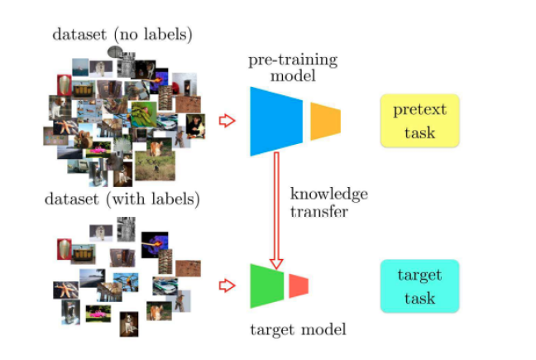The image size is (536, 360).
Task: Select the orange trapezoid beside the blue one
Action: click(324, 122)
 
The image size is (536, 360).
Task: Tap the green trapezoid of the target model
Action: click(266, 286)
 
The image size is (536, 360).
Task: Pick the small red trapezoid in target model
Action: click(298, 286)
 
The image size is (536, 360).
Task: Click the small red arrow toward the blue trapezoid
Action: click(226, 122)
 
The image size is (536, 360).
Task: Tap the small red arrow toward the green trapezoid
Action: click(226, 286)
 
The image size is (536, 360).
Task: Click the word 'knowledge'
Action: click(328, 194)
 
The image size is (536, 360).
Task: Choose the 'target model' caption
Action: click(298, 329)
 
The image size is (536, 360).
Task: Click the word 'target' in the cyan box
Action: click(419, 275)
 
